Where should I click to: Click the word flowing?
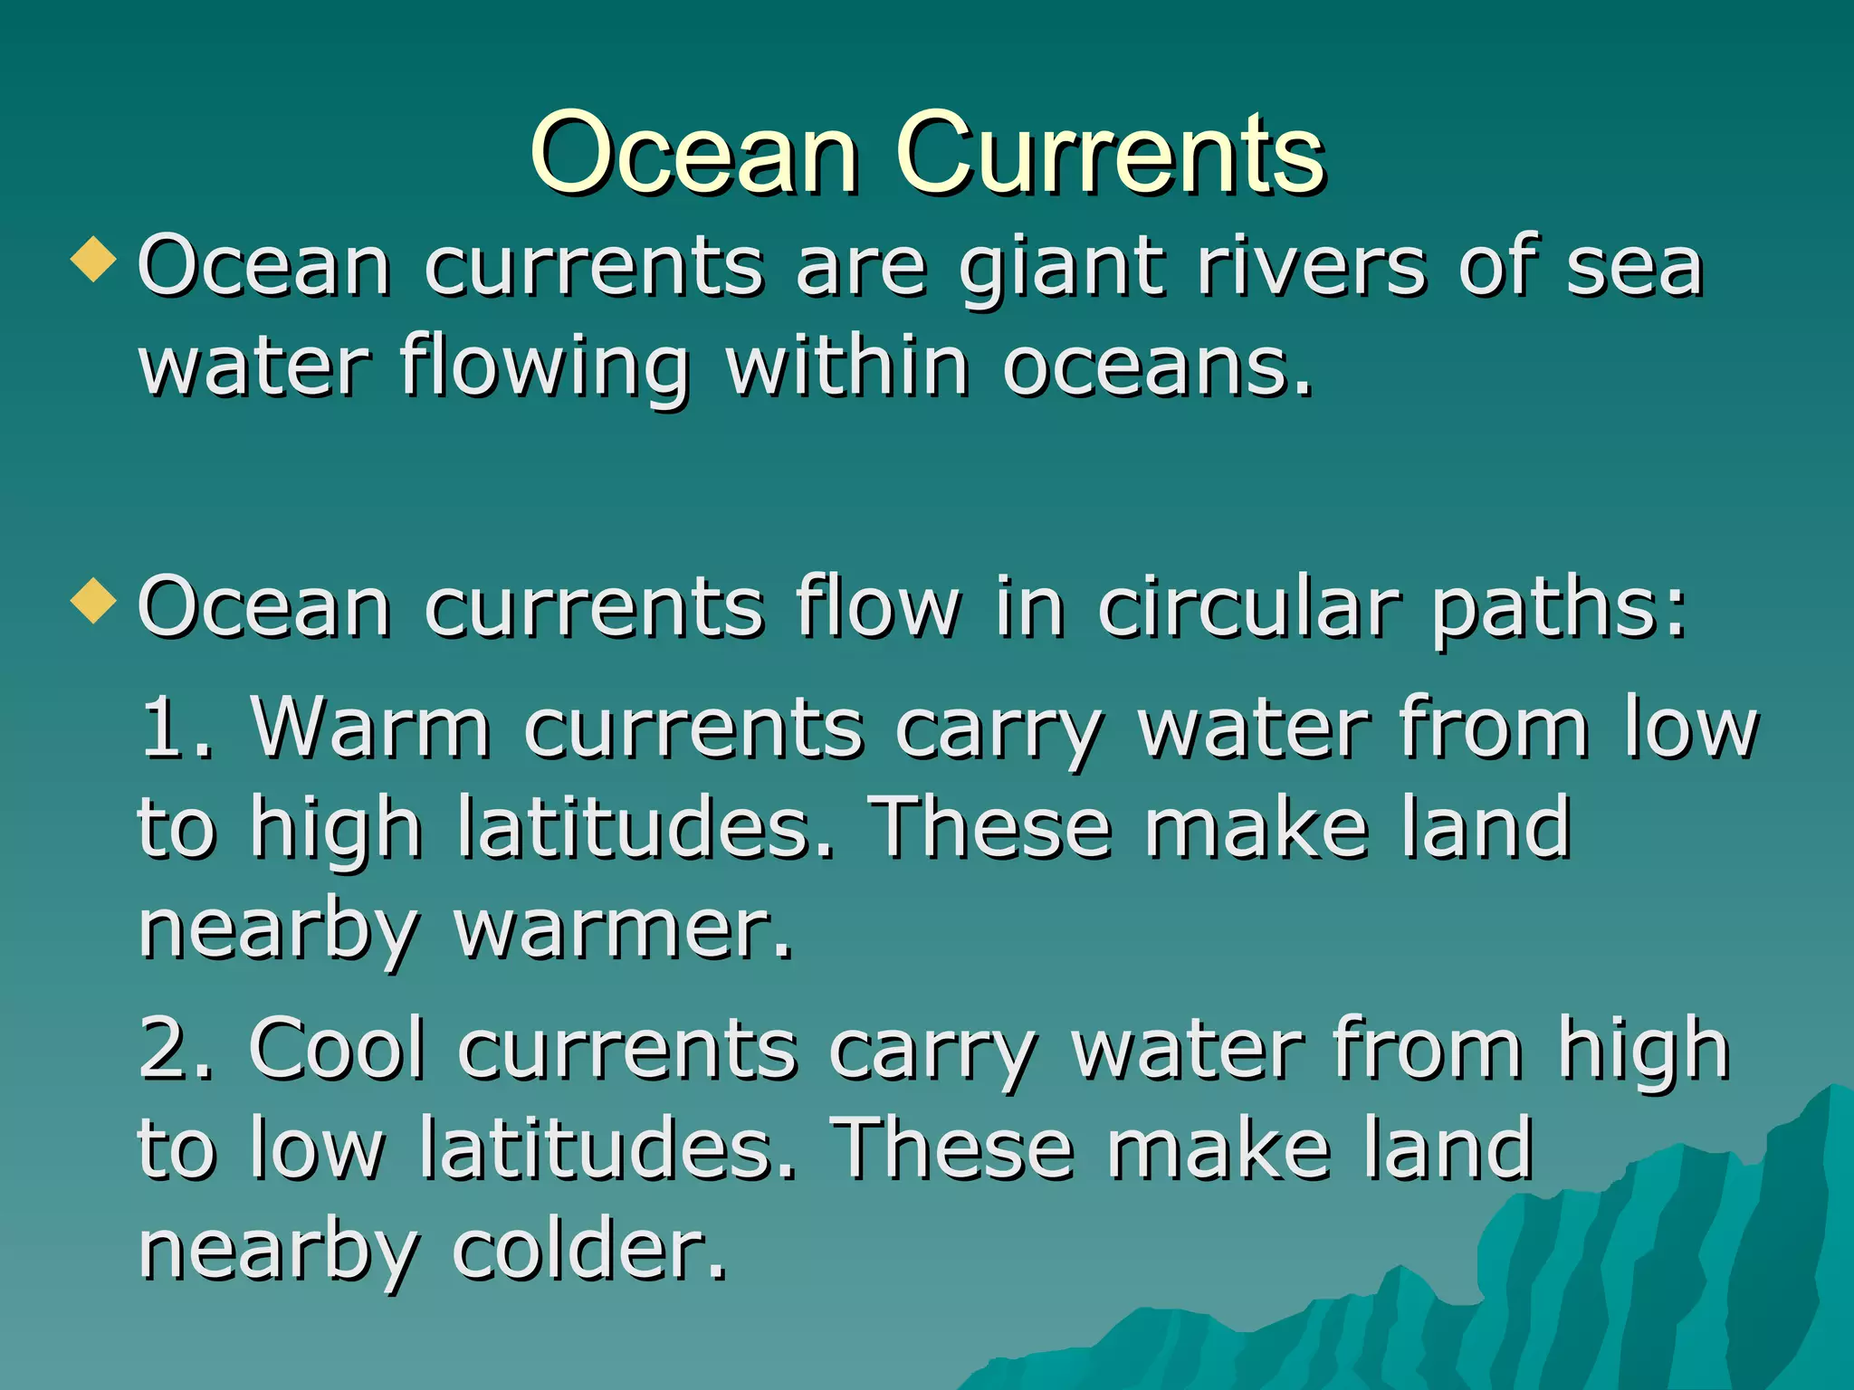(545, 369)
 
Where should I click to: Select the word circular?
(1248, 608)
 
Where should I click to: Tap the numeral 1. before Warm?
(177, 727)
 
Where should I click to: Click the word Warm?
(371, 727)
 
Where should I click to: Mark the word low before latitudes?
(317, 1149)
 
